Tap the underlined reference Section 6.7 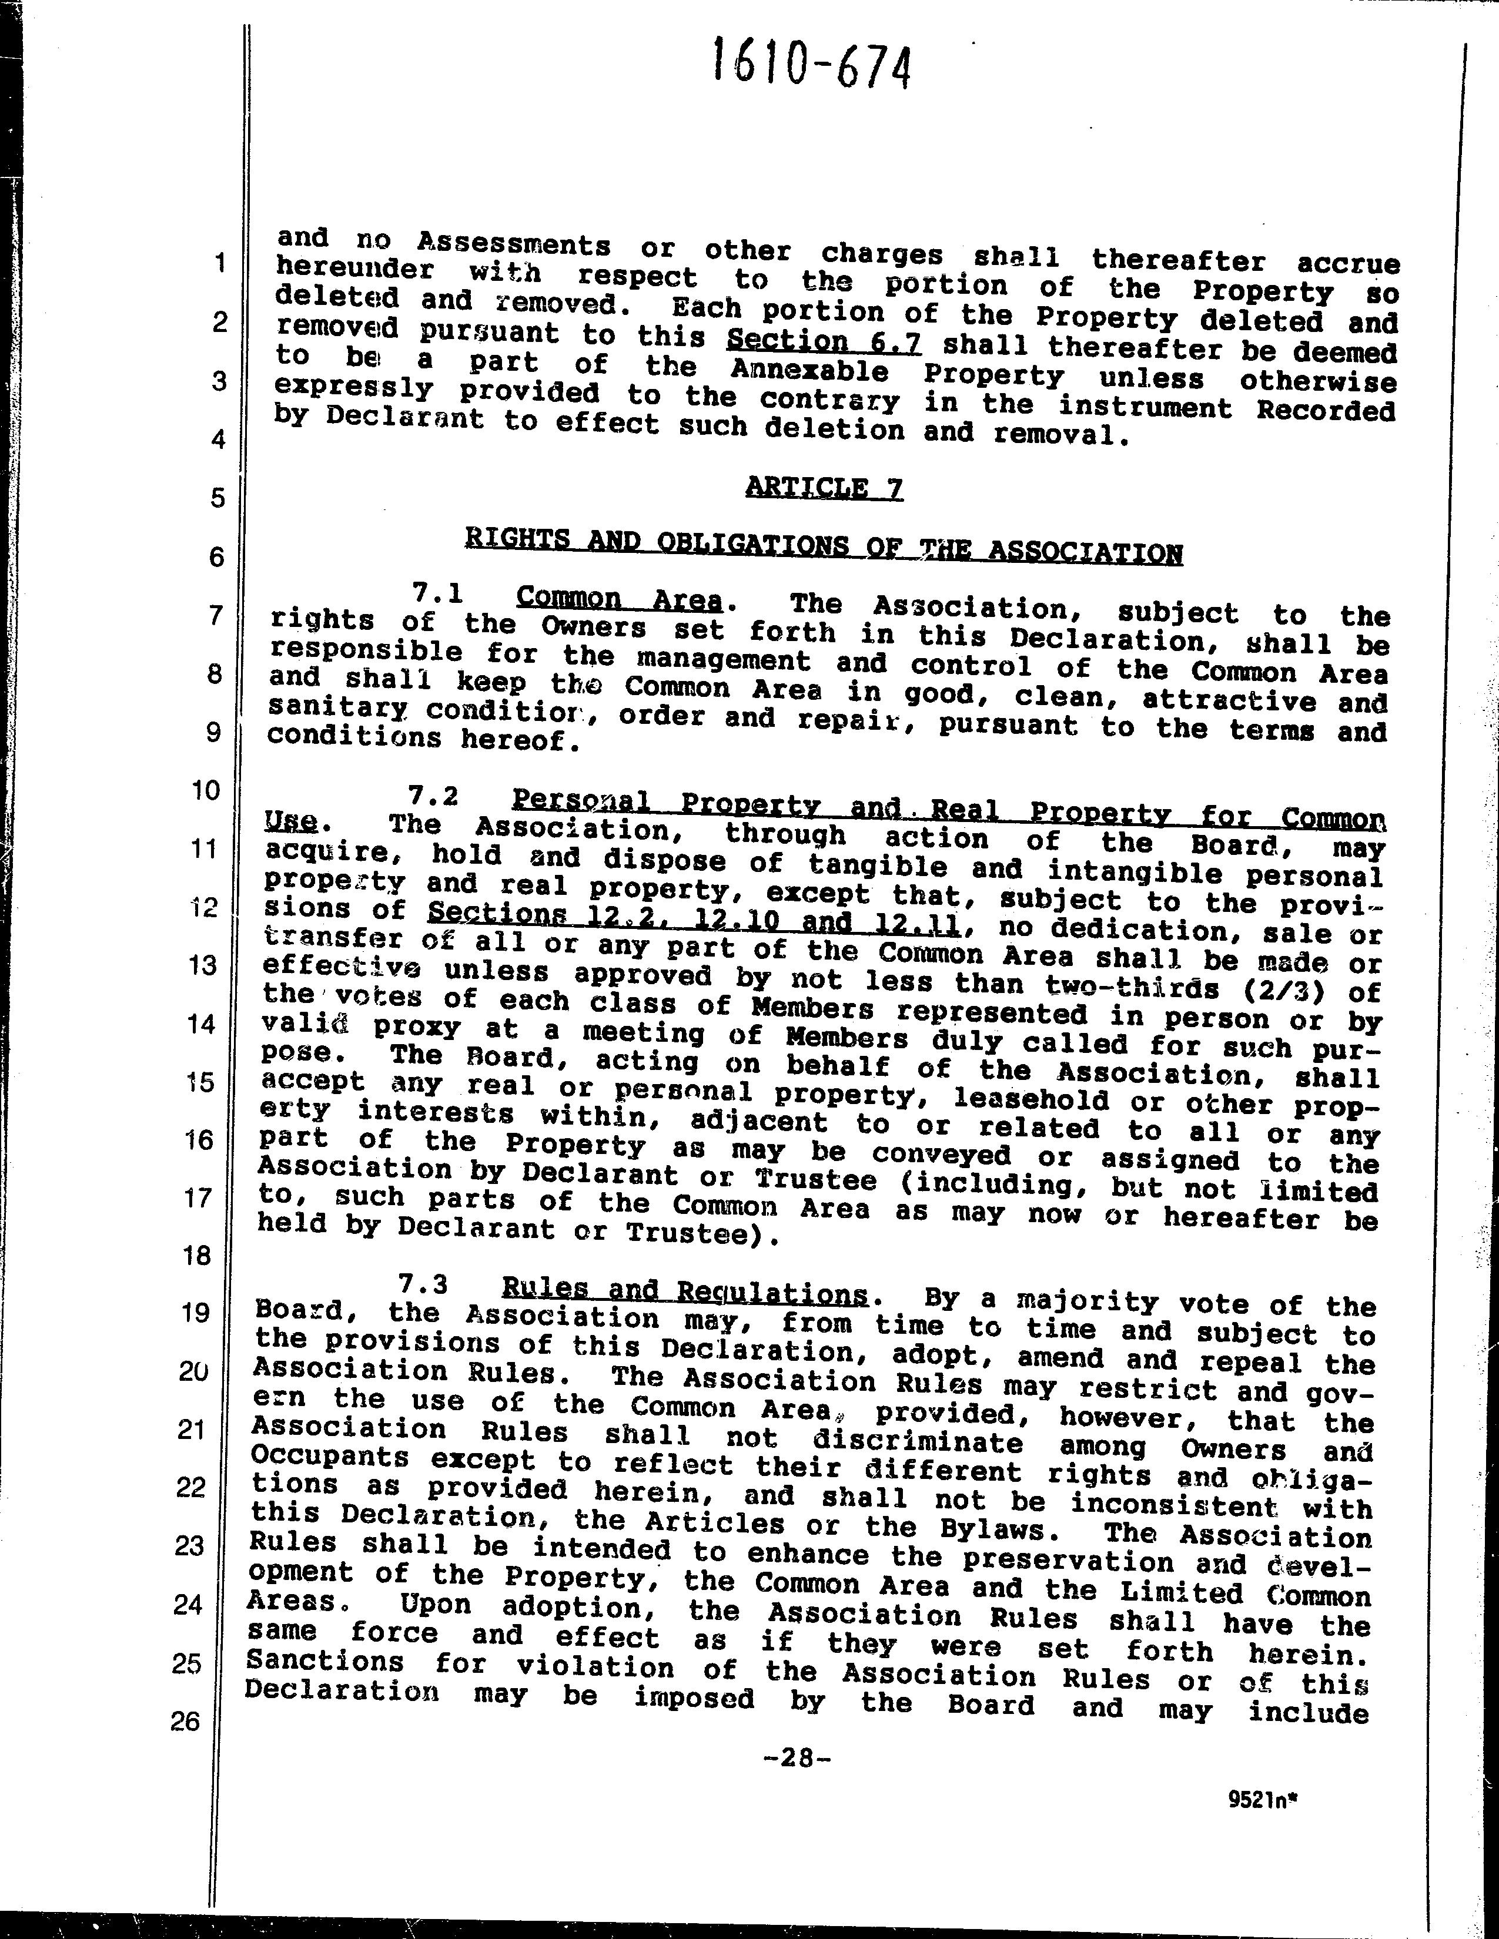(x=823, y=341)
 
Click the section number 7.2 (x=433, y=796)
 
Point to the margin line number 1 (x=219, y=263)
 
